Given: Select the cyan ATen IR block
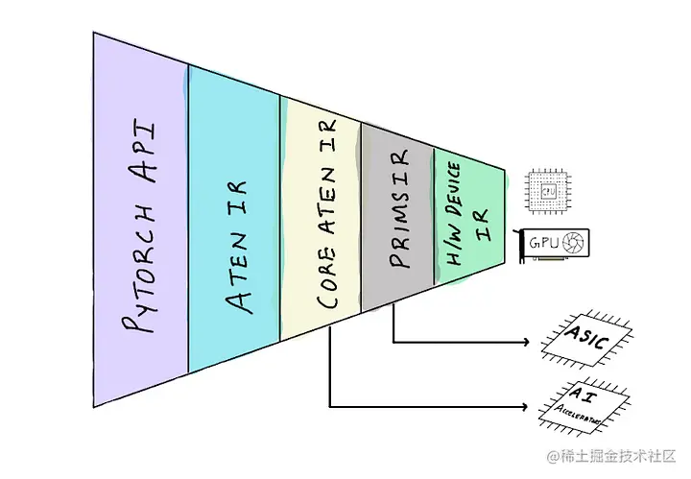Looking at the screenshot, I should tap(234, 230).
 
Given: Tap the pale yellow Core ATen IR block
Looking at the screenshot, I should tap(321, 230).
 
